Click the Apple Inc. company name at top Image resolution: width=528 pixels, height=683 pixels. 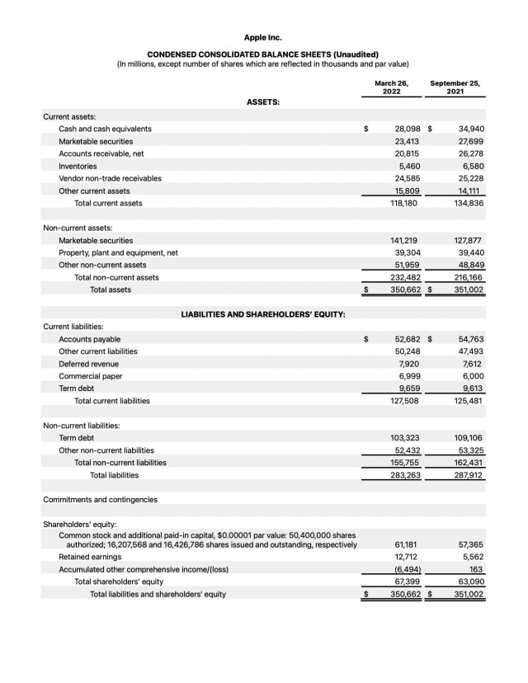pyautogui.click(x=262, y=37)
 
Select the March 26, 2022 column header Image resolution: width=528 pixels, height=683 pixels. pyautogui.click(x=391, y=87)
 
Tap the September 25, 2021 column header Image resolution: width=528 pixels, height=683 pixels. pyautogui.click(x=455, y=87)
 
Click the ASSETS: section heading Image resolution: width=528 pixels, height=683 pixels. pyautogui.click(x=263, y=101)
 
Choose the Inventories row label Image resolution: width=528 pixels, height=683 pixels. pyautogui.click(x=78, y=166)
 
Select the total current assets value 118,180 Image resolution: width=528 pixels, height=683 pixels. pyautogui.click(x=404, y=203)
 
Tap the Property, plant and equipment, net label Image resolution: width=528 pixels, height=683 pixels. pyautogui.click(x=118, y=252)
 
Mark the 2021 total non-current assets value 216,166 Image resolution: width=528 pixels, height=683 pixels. pyautogui.click(x=469, y=277)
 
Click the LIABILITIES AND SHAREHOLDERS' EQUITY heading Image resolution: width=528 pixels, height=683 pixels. pyautogui.click(x=263, y=314)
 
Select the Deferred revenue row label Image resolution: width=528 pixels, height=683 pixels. pyautogui.click(x=88, y=364)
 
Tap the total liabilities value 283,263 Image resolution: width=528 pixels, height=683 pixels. pyautogui.click(x=404, y=475)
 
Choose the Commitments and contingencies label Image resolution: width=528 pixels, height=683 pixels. pyautogui.click(x=100, y=500)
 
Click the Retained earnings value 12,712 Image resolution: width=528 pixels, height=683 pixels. pyautogui.click(x=407, y=557)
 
